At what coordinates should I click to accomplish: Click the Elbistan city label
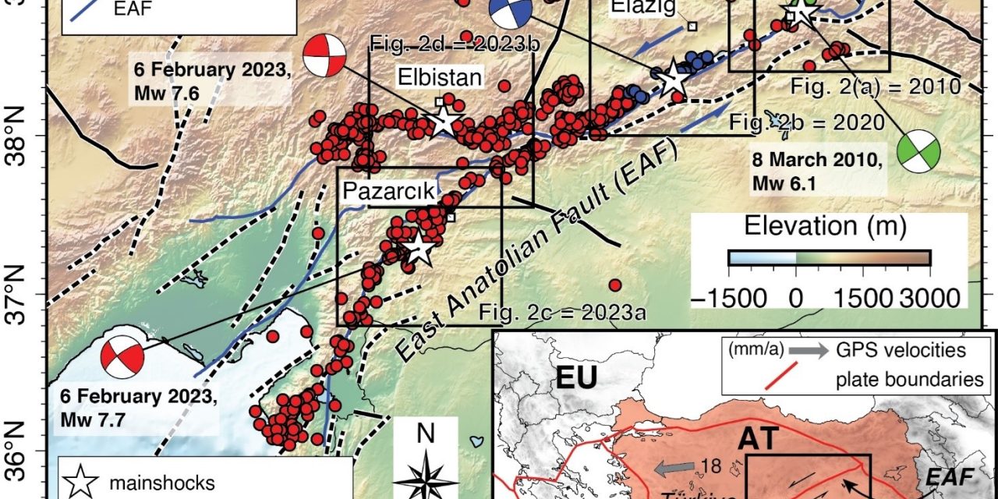click(x=441, y=77)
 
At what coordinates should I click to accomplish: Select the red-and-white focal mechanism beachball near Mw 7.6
click(x=324, y=55)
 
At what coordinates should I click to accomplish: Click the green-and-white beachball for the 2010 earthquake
click(x=917, y=151)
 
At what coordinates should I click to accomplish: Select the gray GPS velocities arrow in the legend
click(x=809, y=351)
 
